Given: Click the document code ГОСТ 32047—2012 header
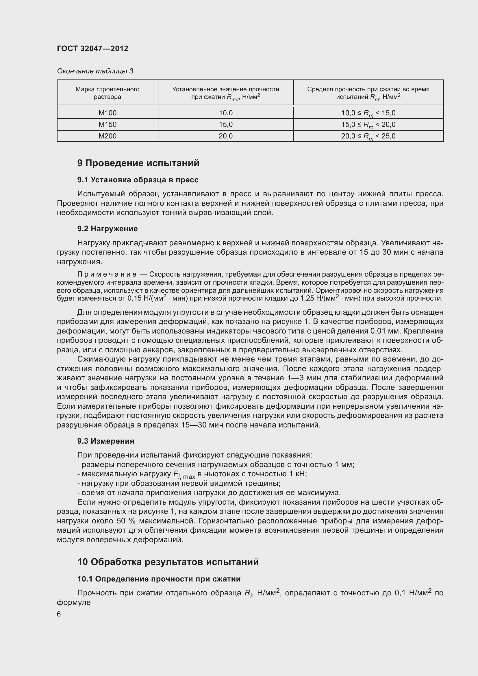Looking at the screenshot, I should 93,49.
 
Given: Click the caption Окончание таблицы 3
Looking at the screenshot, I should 95,71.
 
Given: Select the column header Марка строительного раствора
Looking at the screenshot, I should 108,93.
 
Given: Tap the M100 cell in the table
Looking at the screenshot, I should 108,113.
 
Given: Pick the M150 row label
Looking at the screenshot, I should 108,124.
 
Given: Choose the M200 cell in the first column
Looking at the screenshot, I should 108,136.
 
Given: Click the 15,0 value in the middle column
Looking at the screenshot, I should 225,124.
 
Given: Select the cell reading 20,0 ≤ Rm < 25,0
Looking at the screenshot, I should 368,136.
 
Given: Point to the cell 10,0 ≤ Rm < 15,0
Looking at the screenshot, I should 368,113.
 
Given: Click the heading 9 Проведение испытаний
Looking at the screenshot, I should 138,163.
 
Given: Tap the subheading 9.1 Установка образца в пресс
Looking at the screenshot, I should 138,180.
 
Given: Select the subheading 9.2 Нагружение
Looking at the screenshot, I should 108,229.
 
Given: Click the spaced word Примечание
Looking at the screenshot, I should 107,274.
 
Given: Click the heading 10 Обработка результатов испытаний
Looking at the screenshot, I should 168,562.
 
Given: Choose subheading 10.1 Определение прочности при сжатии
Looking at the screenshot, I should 159,579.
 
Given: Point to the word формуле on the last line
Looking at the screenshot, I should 74,602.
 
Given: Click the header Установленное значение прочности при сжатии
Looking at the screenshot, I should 225,93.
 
